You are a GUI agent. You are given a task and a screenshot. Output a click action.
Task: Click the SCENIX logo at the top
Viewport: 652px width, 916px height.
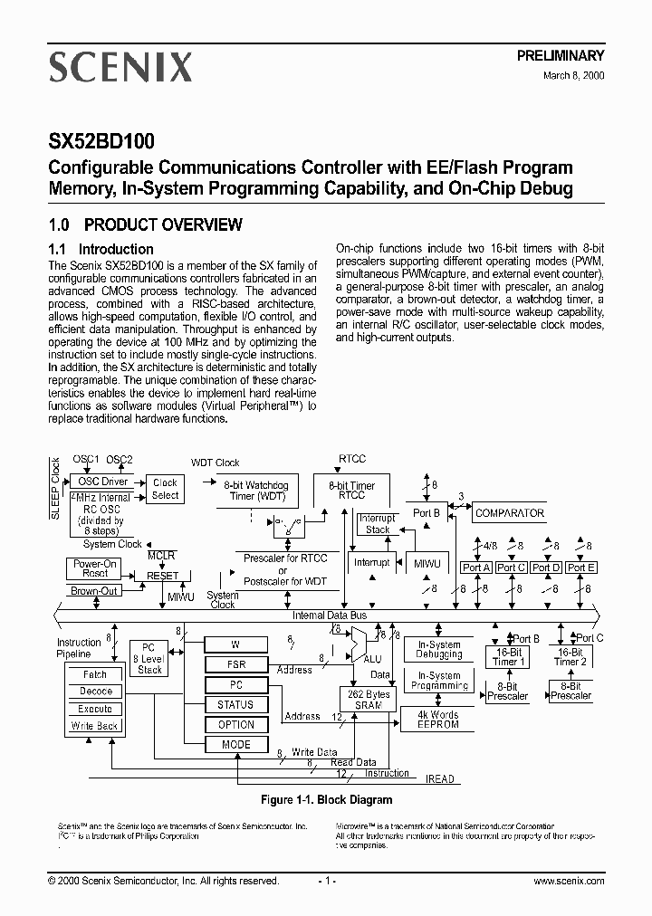tap(120, 67)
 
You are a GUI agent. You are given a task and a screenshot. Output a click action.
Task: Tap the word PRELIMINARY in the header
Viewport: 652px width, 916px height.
tap(561, 56)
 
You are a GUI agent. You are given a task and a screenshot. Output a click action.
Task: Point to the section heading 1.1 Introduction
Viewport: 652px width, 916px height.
tap(101, 249)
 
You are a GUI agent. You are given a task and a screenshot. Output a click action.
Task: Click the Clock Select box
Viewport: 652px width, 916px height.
tap(165, 489)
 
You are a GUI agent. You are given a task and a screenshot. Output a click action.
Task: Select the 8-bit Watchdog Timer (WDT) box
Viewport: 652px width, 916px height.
tap(255, 491)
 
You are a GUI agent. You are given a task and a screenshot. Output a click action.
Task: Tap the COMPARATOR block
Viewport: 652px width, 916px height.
tap(510, 513)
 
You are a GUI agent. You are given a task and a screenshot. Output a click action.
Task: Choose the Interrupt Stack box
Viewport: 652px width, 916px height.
tap(378, 524)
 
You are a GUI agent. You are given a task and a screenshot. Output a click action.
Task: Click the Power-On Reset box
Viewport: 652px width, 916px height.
tap(95, 568)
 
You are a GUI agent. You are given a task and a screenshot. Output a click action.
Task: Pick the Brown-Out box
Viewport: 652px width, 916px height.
tap(94, 591)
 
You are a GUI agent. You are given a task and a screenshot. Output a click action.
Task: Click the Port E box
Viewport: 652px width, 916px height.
tap(580, 568)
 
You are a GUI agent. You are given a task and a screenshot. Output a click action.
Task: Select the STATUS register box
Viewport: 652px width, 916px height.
tap(235, 704)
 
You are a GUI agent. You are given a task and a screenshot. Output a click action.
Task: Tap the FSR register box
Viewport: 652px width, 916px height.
tap(235, 664)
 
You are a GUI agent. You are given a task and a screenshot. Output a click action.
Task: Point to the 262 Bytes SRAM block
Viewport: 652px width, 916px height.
tap(369, 700)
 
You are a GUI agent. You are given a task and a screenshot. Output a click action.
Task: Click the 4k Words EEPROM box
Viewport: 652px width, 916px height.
tap(438, 720)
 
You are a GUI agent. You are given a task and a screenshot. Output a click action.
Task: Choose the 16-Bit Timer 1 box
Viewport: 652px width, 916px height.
tap(508, 656)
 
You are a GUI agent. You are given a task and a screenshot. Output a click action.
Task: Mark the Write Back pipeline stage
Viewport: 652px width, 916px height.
tap(95, 726)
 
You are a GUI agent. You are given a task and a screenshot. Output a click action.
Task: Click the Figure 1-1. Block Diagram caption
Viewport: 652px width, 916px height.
tap(326, 800)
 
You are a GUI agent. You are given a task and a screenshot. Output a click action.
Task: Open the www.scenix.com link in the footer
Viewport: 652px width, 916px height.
tap(569, 881)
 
